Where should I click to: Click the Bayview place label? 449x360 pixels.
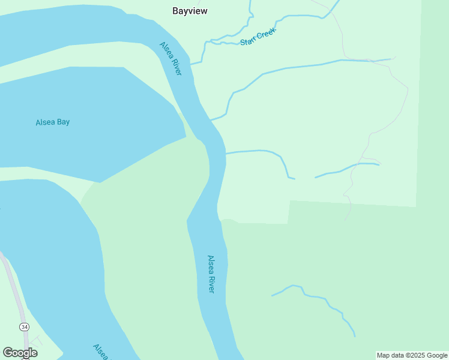point(190,11)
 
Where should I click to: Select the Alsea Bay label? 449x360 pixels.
point(53,122)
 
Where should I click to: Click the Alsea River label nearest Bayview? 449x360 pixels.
point(170,58)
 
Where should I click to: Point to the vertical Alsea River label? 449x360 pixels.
point(211,274)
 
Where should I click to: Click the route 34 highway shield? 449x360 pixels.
point(24,327)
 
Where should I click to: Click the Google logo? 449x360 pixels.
point(20,353)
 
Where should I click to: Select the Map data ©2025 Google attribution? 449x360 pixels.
point(412,355)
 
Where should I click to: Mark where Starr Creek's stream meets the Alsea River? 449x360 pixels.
point(192,64)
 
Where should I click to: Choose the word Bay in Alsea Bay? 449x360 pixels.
point(63,122)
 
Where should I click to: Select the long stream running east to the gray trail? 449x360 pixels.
point(300,65)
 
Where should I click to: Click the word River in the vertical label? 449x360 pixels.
point(211,284)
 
